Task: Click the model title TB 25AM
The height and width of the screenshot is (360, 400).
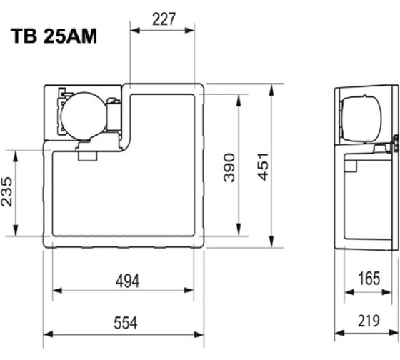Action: (x=54, y=36)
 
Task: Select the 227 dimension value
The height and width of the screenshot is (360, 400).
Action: (x=164, y=19)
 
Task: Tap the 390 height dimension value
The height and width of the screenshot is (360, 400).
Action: (x=229, y=168)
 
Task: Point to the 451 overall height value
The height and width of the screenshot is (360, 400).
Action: (x=263, y=167)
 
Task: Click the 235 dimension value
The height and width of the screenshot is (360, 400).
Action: (x=6, y=192)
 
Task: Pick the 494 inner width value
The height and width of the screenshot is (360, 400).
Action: (x=128, y=281)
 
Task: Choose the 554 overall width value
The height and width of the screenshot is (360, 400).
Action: (x=126, y=322)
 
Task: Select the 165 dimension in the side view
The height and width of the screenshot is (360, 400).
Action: (x=369, y=279)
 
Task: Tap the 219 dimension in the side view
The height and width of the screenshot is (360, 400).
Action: (x=369, y=321)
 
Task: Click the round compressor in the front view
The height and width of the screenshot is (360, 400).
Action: (x=84, y=116)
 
